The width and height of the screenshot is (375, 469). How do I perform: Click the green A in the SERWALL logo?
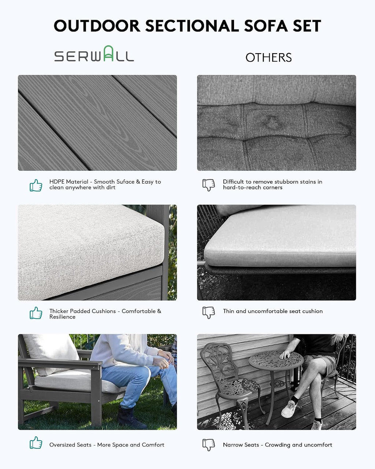[108, 53]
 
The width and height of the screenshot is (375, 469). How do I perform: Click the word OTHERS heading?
[268, 58]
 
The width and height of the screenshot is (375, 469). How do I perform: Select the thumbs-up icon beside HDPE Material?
[36, 185]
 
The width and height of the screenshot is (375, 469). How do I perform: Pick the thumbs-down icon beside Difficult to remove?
[208, 185]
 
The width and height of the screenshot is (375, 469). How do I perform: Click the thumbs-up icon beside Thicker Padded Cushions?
[36, 313]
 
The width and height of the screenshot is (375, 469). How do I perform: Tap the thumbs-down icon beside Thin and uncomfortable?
[208, 313]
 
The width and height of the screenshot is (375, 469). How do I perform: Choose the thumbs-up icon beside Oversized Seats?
[36, 443]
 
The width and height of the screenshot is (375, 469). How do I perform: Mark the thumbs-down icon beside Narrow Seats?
[208, 445]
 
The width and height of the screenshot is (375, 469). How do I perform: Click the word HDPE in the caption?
[56, 182]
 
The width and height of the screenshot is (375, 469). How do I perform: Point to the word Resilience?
[62, 317]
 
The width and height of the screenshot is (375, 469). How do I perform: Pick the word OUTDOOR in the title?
[97, 26]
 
